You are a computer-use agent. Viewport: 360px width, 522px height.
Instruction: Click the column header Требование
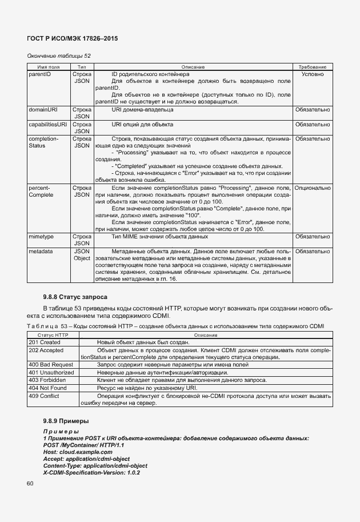pyautogui.click(x=311, y=67)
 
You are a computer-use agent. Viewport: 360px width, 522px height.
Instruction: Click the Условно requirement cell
pyautogui.click(x=311, y=74)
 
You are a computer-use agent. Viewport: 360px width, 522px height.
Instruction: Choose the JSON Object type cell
pyautogui.click(x=82, y=254)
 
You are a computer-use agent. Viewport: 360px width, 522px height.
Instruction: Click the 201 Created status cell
pyautogui.click(x=44, y=342)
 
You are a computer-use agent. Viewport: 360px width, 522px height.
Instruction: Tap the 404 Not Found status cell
pyautogui.click(x=47, y=387)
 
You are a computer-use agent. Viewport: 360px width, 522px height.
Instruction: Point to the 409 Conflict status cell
pyautogui.click(x=44, y=395)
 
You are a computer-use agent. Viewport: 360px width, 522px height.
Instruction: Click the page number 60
pyautogui.click(x=31, y=484)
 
